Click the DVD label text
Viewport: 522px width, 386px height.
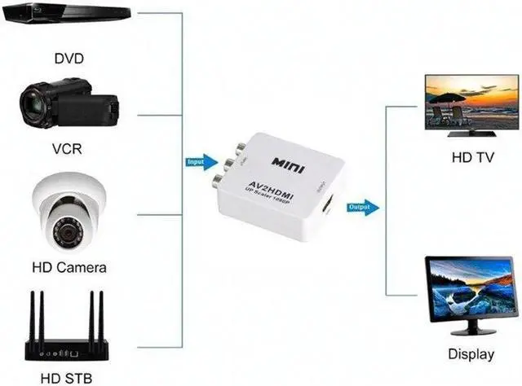click(x=69, y=58)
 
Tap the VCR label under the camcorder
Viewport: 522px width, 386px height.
click(x=69, y=151)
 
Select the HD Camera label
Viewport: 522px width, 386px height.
click(x=69, y=266)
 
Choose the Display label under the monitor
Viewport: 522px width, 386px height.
click(x=471, y=354)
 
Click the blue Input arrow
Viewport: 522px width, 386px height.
click(x=199, y=162)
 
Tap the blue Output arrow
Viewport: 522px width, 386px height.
click(x=362, y=207)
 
